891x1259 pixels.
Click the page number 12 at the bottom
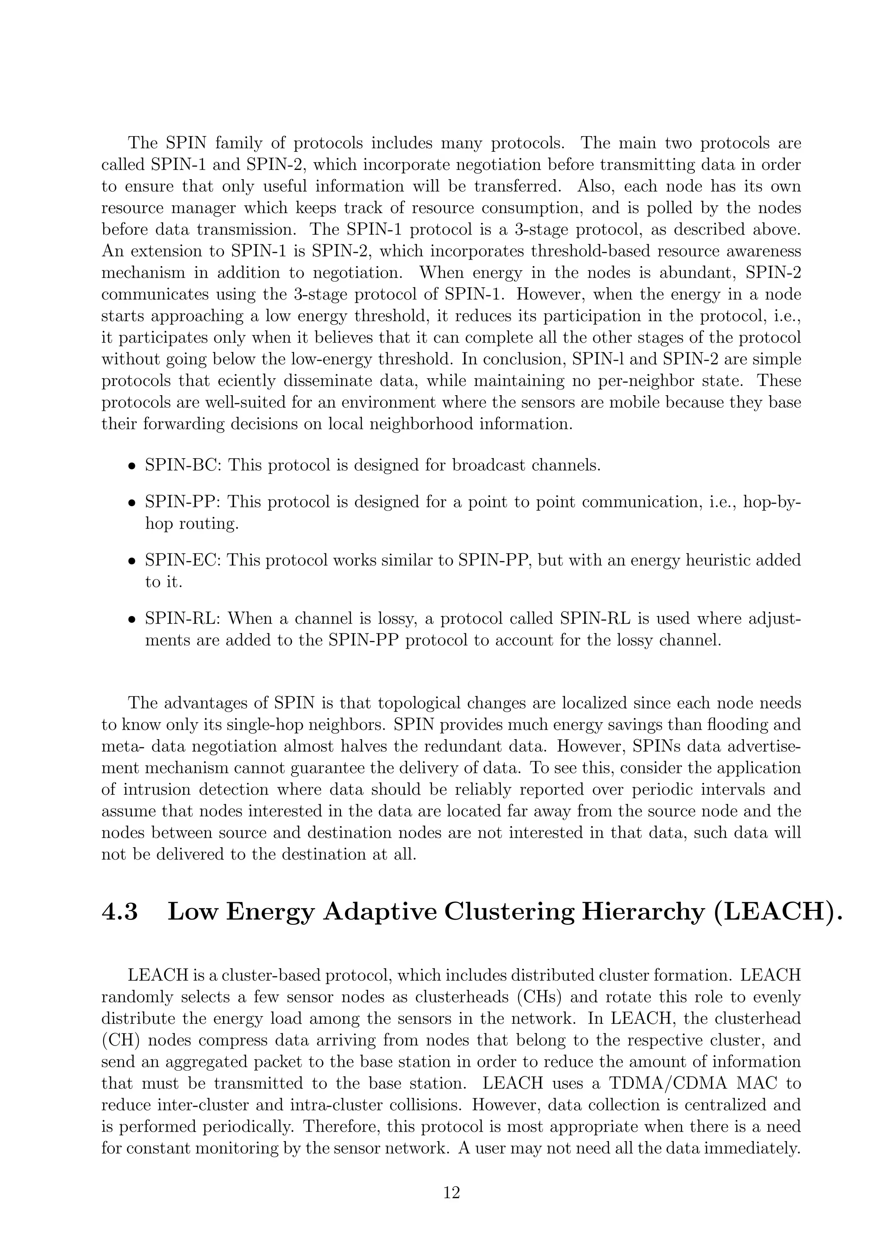coord(451,1192)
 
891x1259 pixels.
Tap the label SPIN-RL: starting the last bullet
coord(183,619)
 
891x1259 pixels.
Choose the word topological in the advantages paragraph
coord(428,703)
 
